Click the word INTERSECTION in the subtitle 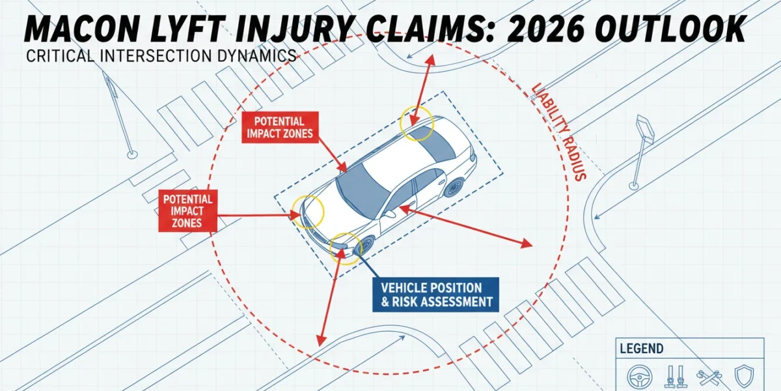click(155, 56)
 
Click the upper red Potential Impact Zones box click(280, 128)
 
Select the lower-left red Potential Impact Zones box click(187, 211)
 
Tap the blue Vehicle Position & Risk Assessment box click(435, 295)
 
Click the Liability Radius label click(557, 131)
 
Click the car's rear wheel click(454, 188)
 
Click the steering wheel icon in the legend click(639, 377)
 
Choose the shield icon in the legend click(744, 377)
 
